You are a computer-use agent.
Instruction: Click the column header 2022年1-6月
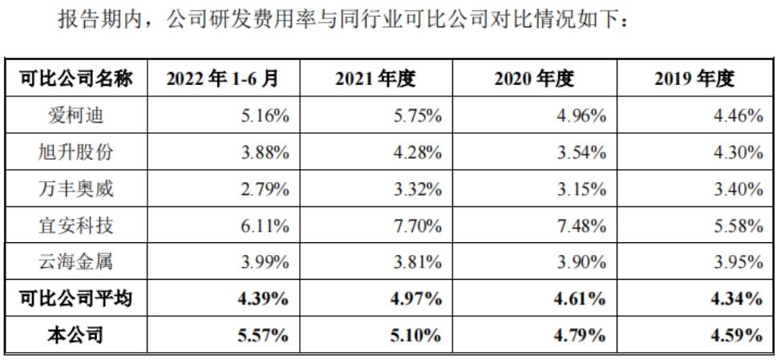[223, 79]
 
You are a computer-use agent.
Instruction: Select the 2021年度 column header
[376, 79]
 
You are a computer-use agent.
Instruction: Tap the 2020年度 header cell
[535, 79]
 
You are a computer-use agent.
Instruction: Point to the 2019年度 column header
[694, 79]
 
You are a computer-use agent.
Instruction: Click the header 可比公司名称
[77, 79]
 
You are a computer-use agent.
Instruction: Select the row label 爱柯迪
[77, 115]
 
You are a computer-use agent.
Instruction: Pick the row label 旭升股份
[77, 152]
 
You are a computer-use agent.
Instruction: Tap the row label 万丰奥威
[77, 189]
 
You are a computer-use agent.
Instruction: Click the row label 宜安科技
[77, 226]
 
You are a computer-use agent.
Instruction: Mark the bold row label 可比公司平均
[77, 299]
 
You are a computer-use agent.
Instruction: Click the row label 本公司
[77, 336]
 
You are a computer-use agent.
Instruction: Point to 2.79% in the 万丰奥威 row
[265, 189]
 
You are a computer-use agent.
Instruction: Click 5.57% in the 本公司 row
[265, 336]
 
